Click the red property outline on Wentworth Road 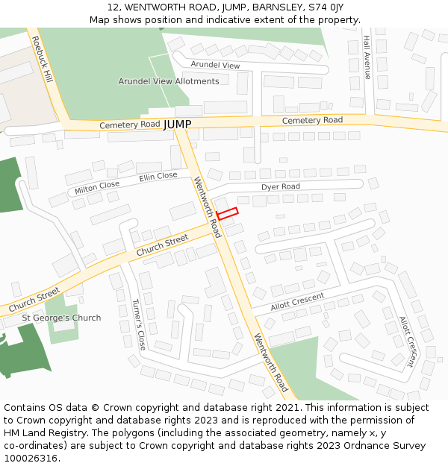tap(227, 212)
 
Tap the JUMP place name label tap(178, 124)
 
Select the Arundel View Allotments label tap(169, 81)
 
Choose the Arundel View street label tap(215, 66)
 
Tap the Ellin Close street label tap(158, 177)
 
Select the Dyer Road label tap(280, 186)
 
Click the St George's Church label tap(61, 318)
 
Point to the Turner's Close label tap(138, 325)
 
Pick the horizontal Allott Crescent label tap(297, 301)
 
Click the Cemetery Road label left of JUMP tap(129, 125)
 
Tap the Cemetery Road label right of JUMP tap(312, 120)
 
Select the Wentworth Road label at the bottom tap(270, 362)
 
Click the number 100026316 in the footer tap(31, 458)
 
